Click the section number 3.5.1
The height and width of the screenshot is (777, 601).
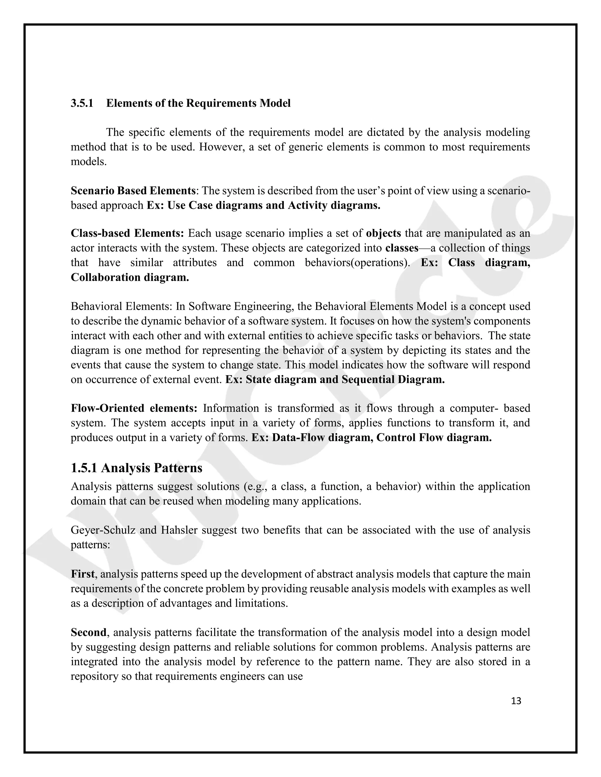82,103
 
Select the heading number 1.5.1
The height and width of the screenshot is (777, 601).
84,468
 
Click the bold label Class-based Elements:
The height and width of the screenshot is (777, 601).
127,233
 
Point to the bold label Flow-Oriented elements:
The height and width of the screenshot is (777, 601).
134,408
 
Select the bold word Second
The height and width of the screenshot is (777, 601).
88,632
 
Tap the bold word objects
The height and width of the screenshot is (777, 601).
384,233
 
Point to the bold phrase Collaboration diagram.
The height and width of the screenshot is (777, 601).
130,277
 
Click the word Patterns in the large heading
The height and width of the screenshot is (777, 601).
178,468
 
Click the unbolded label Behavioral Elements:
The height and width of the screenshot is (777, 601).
121,306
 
